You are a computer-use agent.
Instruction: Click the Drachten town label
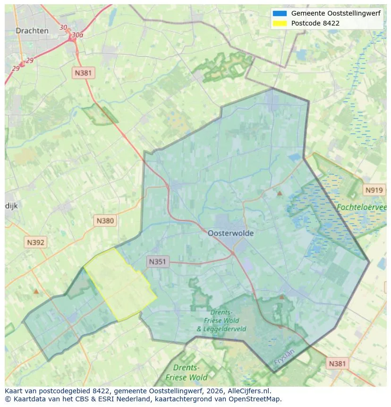pos(32,31)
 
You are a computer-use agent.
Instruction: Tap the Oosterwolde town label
pos(230,233)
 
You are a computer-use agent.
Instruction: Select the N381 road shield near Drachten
pos(84,73)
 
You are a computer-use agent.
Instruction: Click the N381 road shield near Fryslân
pos(337,364)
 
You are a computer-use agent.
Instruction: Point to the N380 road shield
pos(105,220)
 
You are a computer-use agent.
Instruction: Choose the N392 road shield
pos(36,242)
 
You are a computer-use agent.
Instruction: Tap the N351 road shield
pos(158,261)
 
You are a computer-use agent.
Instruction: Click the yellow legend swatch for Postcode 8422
pos(280,23)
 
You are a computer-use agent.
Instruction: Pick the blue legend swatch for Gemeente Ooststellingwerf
pos(280,13)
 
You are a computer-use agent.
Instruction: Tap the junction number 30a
pos(77,35)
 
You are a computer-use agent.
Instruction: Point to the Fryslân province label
pos(284,358)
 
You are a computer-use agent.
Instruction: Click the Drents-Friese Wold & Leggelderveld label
pos(221,320)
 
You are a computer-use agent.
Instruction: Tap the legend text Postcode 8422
pos(315,23)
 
